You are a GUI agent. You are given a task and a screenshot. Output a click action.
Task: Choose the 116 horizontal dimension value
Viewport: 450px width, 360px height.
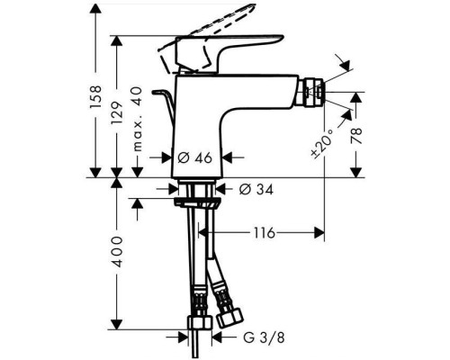(x=263, y=233)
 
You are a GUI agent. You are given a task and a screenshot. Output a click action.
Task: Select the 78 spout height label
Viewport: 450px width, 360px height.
(x=359, y=137)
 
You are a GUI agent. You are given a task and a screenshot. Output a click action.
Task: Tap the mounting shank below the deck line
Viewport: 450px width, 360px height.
(x=200, y=192)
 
